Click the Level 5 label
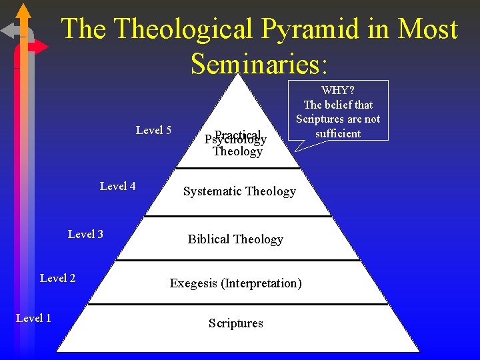(153, 130)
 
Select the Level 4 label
(117, 186)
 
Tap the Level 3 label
(85, 234)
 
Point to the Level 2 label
(57, 278)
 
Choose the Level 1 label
(33, 318)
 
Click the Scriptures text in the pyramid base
(235, 323)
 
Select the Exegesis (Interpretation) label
(235, 283)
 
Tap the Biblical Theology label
(235, 239)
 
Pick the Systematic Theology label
(239, 191)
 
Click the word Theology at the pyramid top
(237, 152)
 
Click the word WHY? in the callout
(338, 90)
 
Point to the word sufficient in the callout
(338, 133)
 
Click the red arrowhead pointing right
(41, 47)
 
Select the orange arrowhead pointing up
(24, 11)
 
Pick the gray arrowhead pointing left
(8, 31)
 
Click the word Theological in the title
(183, 29)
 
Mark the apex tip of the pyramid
(238, 75)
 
